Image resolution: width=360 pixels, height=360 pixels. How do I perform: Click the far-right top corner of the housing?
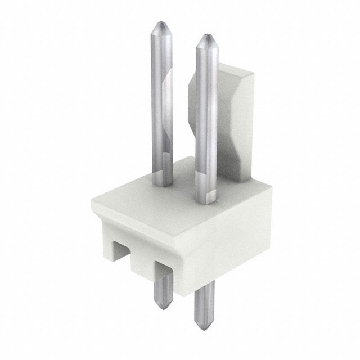272,187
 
